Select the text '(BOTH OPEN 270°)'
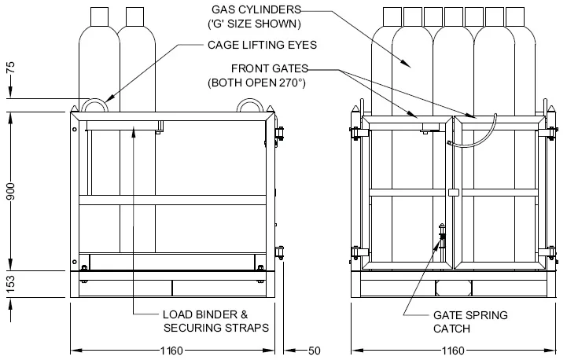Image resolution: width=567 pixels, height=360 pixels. [x=256, y=82]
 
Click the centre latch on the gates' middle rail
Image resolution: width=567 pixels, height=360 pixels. [x=452, y=193]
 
